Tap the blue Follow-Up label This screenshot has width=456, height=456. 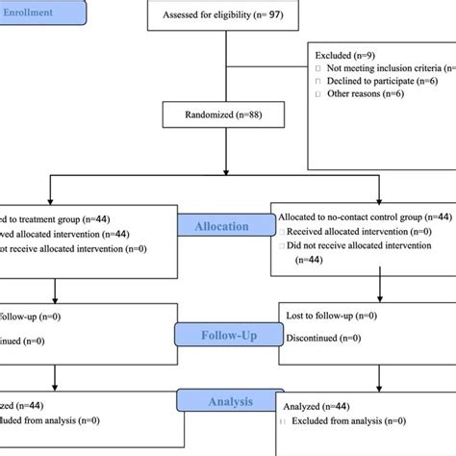coord(226,336)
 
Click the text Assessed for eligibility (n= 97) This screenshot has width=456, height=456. coord(224,16)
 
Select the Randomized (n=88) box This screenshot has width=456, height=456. coord(224,116)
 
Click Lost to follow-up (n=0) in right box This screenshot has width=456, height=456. coord(332,315)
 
